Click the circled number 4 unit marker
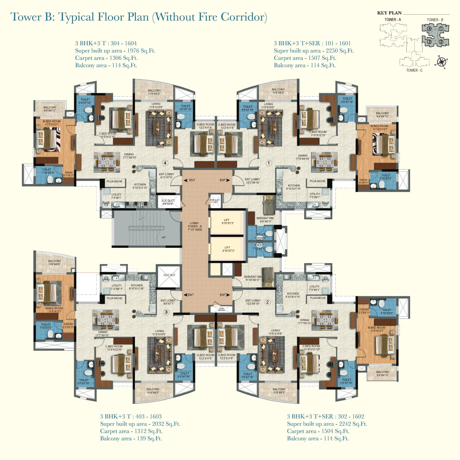pyautogui.click(x=165, y=163)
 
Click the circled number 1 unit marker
pyautogui.click(x=269, y=163)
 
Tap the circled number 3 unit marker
pyautogui.click(x=166, y=312)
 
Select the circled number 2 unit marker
pyautogui.click(x=267, y=302)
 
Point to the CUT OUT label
pyautogui.click(x=169, y=275)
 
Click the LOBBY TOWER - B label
pyautogui.click(x=195, y=226)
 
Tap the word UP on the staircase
pyautogui.click(x=163, y=237)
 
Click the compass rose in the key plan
pyautogui.click(x=441, y=62)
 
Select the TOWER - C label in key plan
pyautogui.click(x=414, y=71)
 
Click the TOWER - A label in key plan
pyautogui.click(x=393, y=20)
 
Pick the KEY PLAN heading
pyautogui.click(x=389, y=13)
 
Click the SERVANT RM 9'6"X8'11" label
pyautogui.click(x=265, y=220)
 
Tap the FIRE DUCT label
pyautogui.click(x=215, y=201)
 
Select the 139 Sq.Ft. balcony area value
pyautogui.click(x=149, y=439)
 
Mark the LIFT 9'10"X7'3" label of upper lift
pyautogui.click(x=227, y=221)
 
